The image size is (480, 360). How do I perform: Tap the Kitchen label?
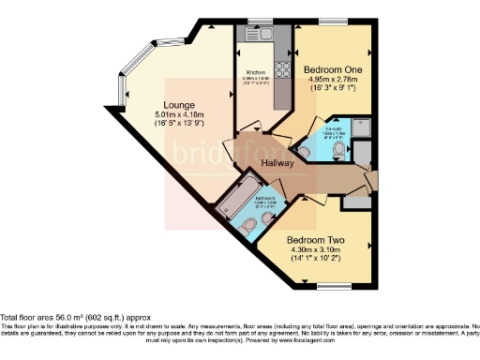[257, 73]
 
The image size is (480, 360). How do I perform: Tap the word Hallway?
[278, 163]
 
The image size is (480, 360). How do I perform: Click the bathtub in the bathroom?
[237, 192]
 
